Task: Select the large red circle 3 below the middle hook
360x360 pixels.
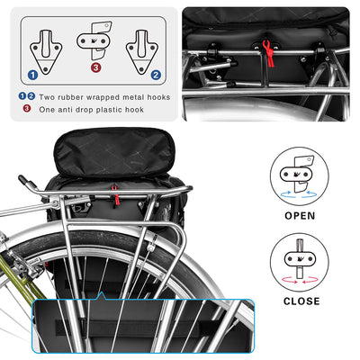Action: pos(94,66)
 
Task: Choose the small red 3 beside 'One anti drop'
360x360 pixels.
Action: pos(27,108)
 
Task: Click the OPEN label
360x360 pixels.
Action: pos(301,216)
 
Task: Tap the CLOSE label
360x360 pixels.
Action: pos(301,301)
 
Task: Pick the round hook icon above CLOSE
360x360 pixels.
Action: pos(301,260)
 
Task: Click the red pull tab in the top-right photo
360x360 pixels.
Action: pos(267,49)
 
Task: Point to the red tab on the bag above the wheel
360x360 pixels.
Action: pos(113,191)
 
